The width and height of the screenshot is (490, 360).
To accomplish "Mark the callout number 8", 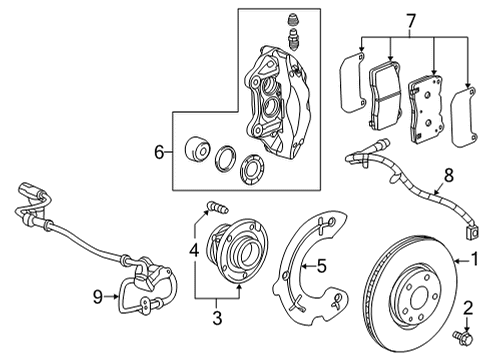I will point(448,177).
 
